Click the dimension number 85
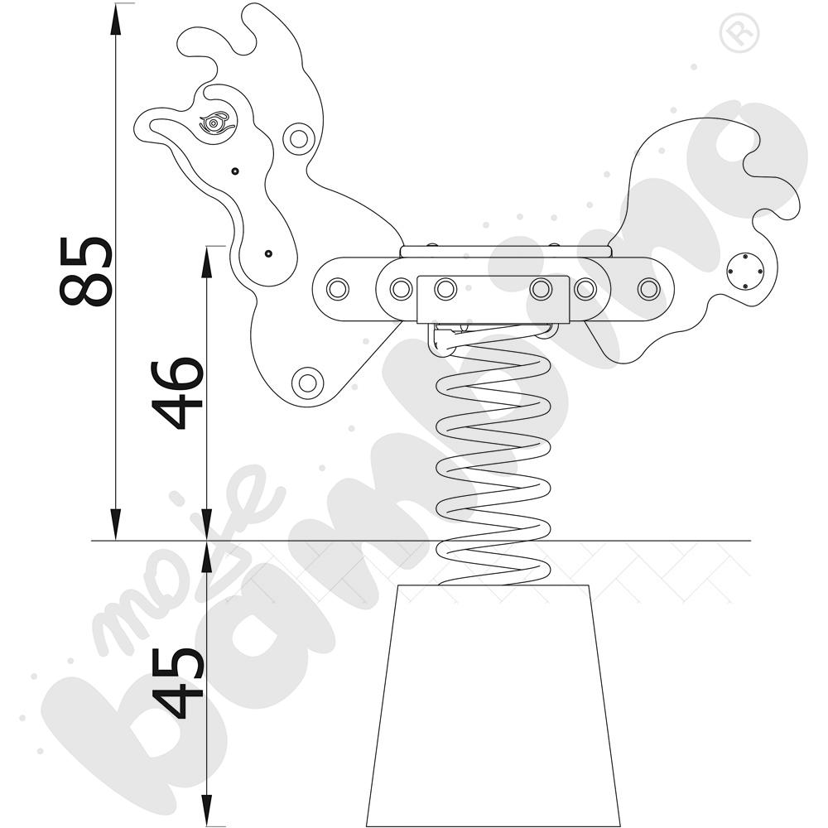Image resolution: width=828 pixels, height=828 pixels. (x=85, y=272)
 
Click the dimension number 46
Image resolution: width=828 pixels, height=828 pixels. (x=177, y=394)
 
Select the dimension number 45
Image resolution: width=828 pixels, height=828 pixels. (x=177, y=683)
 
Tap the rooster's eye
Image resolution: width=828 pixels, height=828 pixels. (x=214, y=123)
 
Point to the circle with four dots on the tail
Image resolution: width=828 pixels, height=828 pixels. (x=744, y=272)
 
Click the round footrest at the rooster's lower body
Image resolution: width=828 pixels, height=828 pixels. (x=307, y=383)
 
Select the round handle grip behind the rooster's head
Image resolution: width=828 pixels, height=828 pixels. (x=299, y=138)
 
